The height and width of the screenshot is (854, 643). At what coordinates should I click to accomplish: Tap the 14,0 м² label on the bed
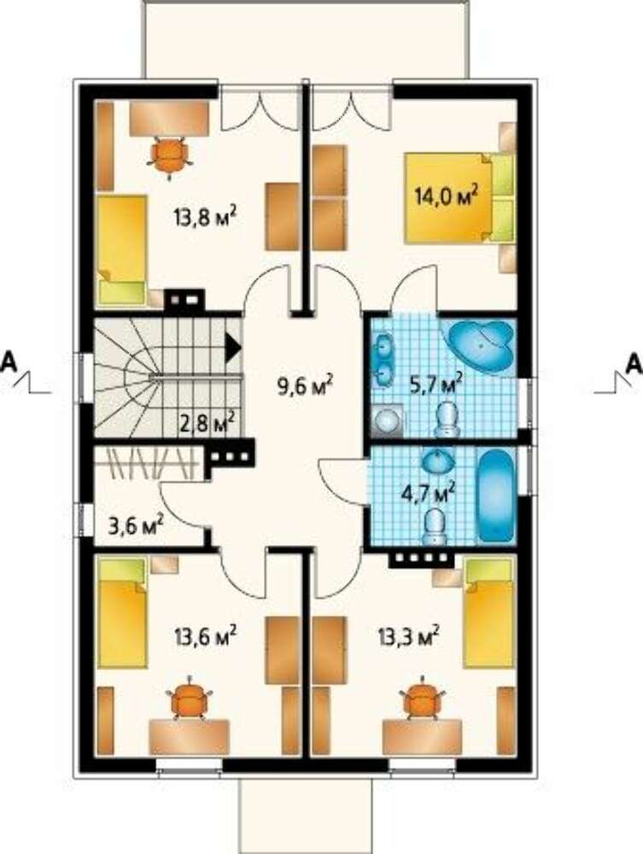click(447, 195)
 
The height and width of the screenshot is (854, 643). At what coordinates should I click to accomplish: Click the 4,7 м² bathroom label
click(428, 494)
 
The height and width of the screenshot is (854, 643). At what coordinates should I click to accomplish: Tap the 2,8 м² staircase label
click(208, 422)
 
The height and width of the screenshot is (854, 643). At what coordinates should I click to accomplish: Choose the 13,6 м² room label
click(205, 635)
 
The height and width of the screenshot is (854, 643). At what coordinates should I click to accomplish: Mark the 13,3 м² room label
click(409, 635)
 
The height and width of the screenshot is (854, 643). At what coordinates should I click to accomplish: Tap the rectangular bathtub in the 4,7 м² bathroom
click(496, 495)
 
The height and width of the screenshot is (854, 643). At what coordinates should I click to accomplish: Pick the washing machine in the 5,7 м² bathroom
click(389, 421)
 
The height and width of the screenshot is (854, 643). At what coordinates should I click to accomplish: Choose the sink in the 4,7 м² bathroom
click(439, 462)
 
